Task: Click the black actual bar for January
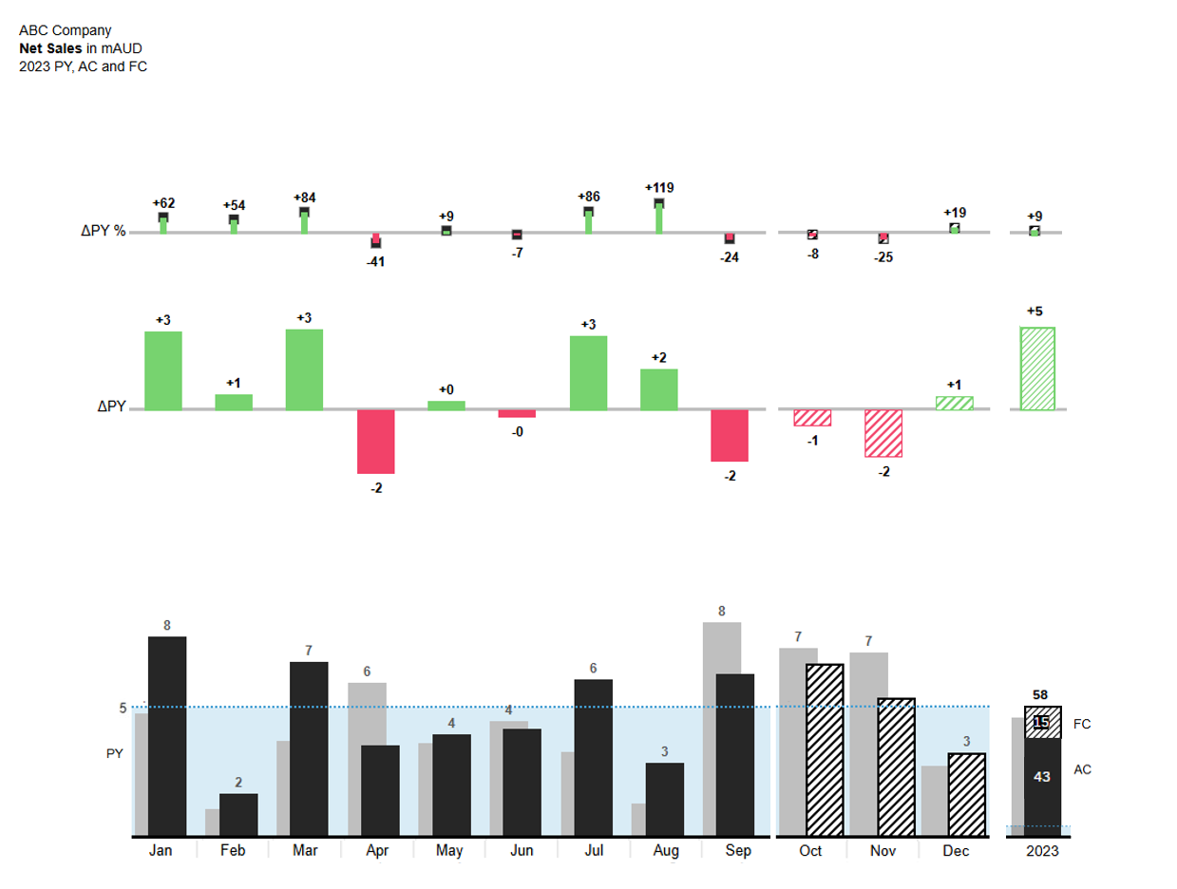tap(167, 736)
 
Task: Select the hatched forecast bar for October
tap(825, 750)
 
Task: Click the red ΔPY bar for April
tap(376, 442)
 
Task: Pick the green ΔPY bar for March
tap(304, 369)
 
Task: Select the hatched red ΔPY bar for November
tap(883, 433)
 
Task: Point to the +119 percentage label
tap(659, 187)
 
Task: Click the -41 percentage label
tap(376, 261)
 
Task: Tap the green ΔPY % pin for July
tap(589, 222)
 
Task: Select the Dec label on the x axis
tap(956, 851)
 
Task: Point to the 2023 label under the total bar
tap(1042, 851)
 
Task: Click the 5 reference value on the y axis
tap(123, 708)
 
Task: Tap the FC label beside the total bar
tap(1082, 724)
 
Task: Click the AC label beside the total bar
tap(1082, 769)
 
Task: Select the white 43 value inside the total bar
tap(1042, 777)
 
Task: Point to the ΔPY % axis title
tap(103, 232)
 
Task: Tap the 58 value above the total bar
tap(1042, 695)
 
